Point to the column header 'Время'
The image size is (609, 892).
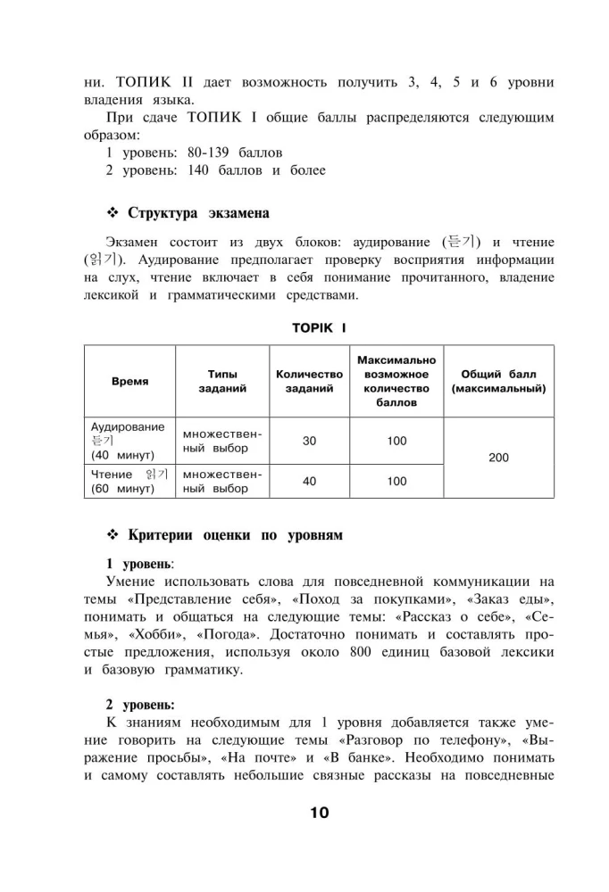pyautogui.click(x=130, y=381)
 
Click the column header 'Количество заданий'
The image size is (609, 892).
pyautogui.click(x=309, y=381)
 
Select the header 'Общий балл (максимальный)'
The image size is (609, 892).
pyautogui.click(x=499, y=381)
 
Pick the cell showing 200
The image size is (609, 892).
pyautogui.click(x=499, y=458)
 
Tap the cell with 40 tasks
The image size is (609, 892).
pyautogui.click(x=309, y=481)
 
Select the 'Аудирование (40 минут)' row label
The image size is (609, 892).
pyautogui.click(x=129, y=441)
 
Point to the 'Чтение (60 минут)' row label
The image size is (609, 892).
pyautogui.click(x=129, y=481)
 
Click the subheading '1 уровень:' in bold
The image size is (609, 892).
pyautogui.click(x=140, y=564)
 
